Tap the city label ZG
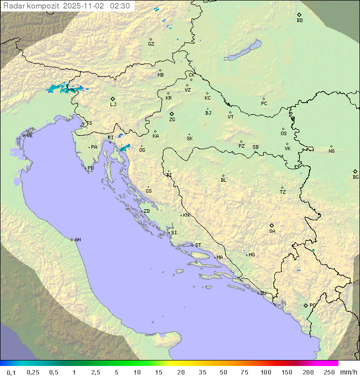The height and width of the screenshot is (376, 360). tap(172, 120)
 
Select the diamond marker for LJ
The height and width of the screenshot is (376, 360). tap(113, 99)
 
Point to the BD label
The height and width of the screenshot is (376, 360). tap(299, 21)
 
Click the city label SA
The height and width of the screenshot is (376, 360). tap(272, 231)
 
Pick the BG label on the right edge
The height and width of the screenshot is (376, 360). tap(355, 177)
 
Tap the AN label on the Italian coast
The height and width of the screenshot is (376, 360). tap(77, 240)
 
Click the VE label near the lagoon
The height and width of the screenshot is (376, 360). tap(29, 136)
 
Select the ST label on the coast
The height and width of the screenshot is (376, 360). tap(198, 245)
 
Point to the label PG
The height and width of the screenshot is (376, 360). tap(312, 305)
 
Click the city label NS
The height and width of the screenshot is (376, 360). tap(331, 151)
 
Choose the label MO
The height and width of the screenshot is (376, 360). tap(251, 255)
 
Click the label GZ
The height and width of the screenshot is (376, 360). tap(151, 44)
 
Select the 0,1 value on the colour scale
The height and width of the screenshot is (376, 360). tap(11, 372)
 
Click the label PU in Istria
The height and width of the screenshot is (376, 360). tap(90, 168)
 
